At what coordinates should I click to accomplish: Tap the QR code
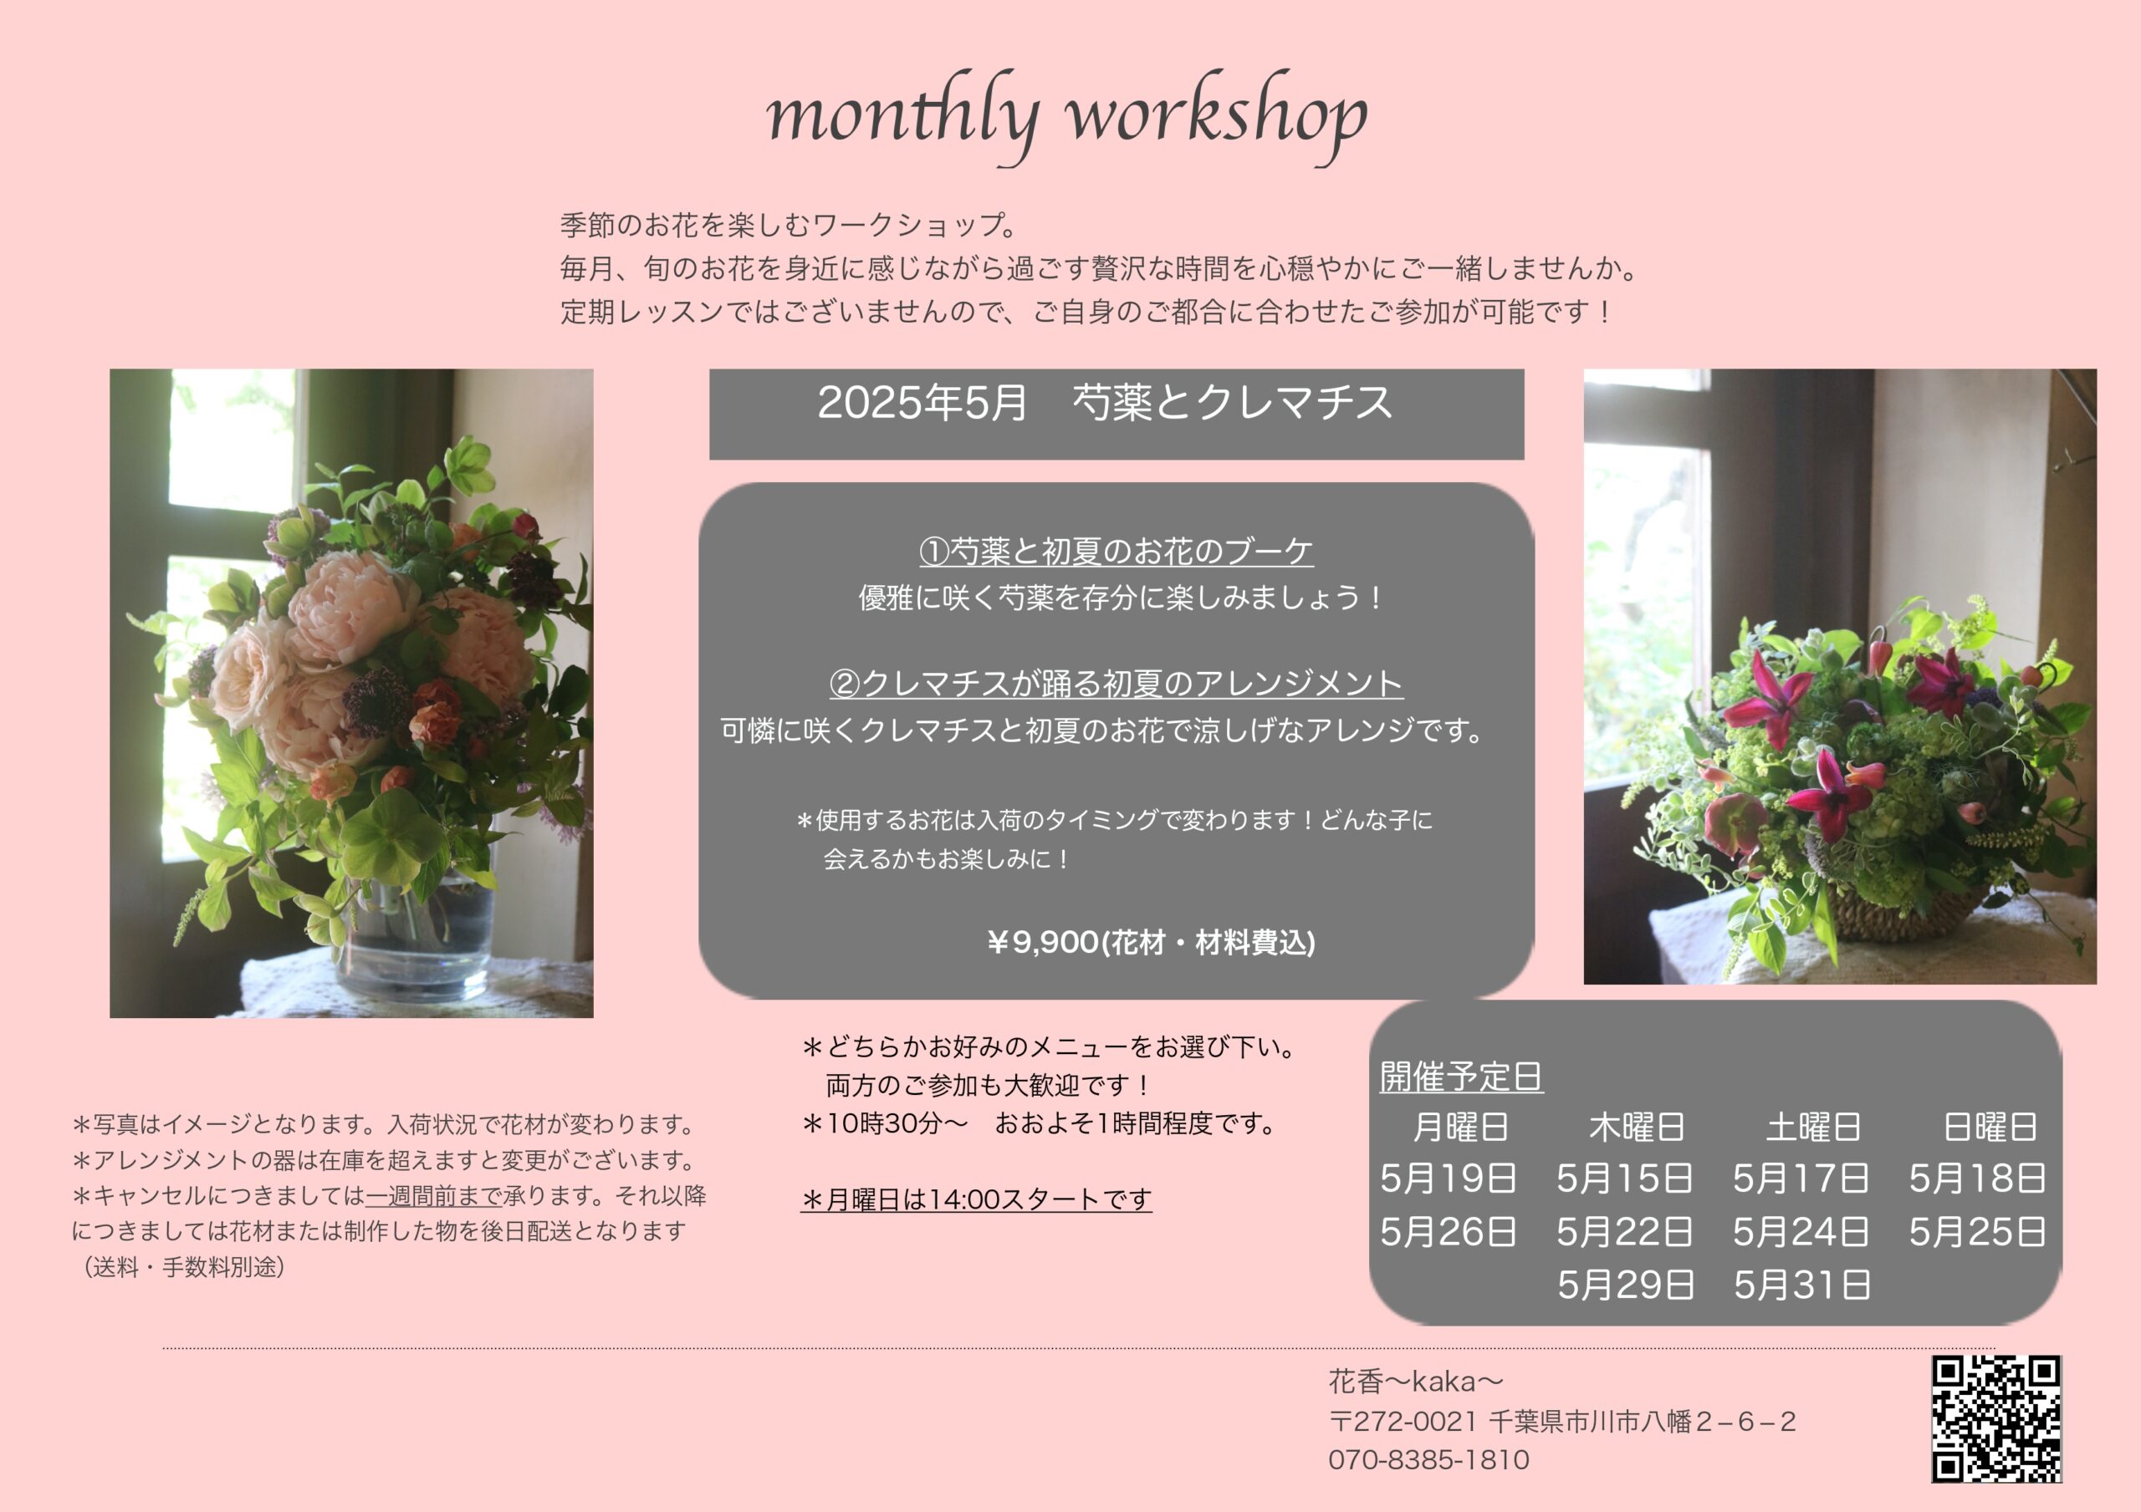coord(1995,1418)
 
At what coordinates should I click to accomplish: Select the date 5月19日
coord(1449,1179)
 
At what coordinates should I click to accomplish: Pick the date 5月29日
coord(1625,1285)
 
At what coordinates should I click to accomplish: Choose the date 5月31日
coord(1801,1285)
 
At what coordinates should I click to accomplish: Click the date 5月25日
coord(1977,1231)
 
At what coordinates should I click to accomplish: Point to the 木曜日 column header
coord(1638,1127)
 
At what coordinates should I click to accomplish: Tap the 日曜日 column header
coord(1990,1127)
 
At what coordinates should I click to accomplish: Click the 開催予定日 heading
coord(1461,1077)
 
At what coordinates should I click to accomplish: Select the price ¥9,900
coord(1043,943)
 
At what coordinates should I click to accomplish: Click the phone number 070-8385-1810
coord(1428,1460)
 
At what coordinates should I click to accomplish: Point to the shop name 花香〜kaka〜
coord(1416,1381)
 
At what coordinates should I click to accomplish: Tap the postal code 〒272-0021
coord(1403,1422)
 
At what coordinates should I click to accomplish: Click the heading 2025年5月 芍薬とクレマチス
coord(1105,403)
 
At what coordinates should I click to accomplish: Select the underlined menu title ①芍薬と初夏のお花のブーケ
coord(1116,552)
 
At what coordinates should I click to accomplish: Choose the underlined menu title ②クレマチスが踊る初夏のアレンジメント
coord(1116,685)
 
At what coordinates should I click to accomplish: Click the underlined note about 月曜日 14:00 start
coord(976,1199)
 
